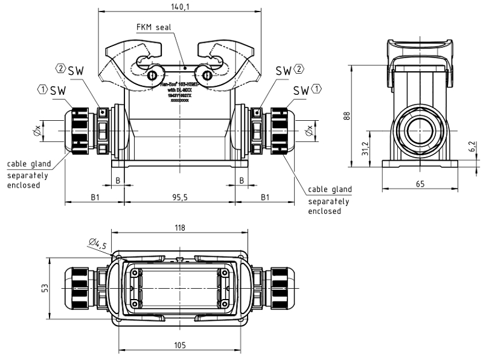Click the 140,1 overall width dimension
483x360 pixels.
click(179, 7)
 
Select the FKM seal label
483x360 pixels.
click(153, 27)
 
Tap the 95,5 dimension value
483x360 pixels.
click(179, 197)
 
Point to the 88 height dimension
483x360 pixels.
click(347, 115)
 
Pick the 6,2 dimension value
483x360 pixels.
click(471, 146)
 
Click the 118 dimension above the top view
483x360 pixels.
click(179, 228)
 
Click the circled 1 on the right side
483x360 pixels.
click(317, 89)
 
